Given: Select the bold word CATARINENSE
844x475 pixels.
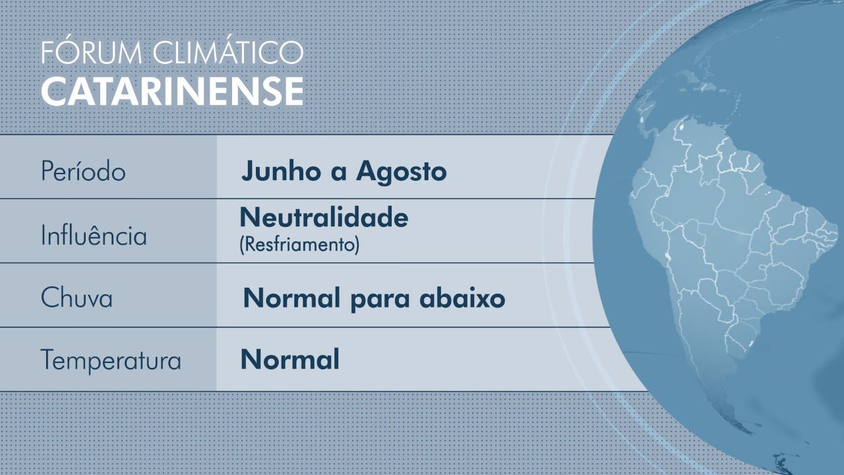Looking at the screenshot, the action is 172,91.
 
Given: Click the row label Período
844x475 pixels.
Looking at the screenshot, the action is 83,171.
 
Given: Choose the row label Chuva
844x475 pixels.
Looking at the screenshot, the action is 76,298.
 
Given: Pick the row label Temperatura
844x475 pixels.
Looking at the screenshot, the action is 111,360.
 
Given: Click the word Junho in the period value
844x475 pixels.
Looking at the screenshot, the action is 281,171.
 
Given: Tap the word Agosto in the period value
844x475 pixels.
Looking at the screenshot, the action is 402,172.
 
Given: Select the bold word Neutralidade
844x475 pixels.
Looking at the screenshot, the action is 324,217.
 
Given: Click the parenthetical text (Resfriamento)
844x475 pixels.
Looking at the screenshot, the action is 299,245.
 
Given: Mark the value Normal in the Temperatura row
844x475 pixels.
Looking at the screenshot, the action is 289,360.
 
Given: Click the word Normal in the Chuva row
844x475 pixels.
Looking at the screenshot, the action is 291,298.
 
